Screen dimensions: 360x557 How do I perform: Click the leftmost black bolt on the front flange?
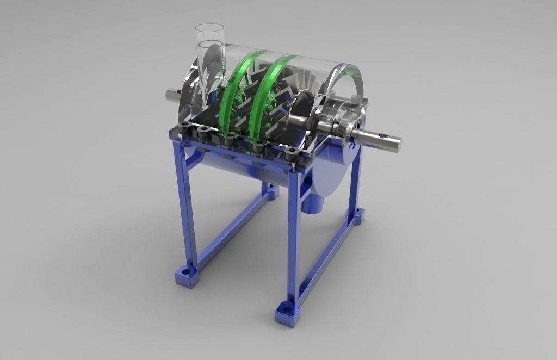[x=186, y=128]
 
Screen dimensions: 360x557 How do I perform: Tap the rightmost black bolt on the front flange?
[x=292, y=153]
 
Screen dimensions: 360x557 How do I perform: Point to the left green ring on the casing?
[x=233, y=87]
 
